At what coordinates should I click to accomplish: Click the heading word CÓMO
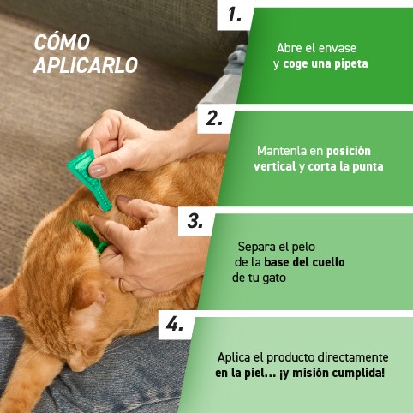tap(58, 43)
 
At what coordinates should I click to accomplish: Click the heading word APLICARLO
tap(85, 65)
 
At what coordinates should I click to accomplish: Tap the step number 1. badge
tap(236, 15)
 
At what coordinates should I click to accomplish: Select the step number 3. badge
tap(195, 221)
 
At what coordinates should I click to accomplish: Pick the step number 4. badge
tap(176, 324)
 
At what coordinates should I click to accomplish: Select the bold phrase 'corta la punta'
tap(345, 165)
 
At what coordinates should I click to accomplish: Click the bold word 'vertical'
tap(274, 165)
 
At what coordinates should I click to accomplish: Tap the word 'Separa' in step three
tap(255, 247)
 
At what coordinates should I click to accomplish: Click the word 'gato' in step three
tap(273, 278)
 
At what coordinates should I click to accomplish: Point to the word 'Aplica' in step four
tap(233, 357)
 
